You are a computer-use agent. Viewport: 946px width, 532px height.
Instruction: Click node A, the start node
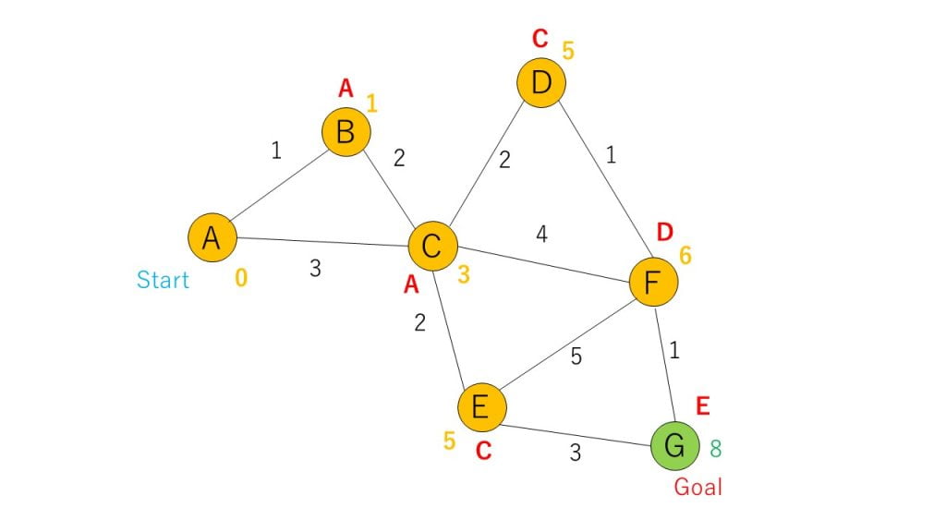pyautogui.click(x=212, y=237)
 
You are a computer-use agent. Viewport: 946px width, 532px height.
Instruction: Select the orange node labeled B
pyautogui.click(x=346, y=132)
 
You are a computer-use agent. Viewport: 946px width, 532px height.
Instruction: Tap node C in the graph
pyautogui.click(x=432, y=246)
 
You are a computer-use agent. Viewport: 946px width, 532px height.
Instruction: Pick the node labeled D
pyautogui.click(x=541, y=82)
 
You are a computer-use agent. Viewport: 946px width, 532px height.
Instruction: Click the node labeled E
pyautogui.click(x=481, y=407)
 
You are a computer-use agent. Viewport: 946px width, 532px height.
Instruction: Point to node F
pyautogui.click(x=653, y=282)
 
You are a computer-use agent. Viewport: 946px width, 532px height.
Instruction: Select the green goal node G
pyautogui.click(x=675, y=446)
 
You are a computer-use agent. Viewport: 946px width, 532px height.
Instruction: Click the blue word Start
pyautogui.click(x=163, y=280)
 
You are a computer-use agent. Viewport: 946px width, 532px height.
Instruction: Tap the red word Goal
pyautogui.click(x=697, y=487)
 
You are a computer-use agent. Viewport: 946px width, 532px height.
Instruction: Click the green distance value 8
pyautogui.click(x=716, y=449)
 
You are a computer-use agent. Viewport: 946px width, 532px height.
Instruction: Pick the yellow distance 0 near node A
pyautogui.click(x=241, y=277)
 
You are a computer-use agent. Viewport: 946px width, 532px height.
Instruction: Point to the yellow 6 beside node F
pyautogui.click(x=685, y=256)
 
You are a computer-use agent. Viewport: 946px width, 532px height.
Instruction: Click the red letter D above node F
pyautogui.click(x=664, y=232)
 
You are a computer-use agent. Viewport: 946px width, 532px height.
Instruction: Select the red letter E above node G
pyautogui.click(x=702, y=406)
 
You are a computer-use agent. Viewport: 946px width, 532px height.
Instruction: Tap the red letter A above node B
pyautogui.click(x=346, y=89)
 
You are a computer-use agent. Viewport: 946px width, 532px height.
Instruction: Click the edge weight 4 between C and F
pyautogui.click(x=541, y=234)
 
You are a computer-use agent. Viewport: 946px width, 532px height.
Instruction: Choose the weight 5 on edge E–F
pyautogui.click(x=576, y=357)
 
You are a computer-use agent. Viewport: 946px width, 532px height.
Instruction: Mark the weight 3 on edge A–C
pyautogui.click(x=315, y=269)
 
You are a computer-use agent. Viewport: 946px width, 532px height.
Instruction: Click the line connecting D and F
pyautogui.click(x=604, y=178)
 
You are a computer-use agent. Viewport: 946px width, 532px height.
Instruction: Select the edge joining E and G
pyautogui.click(x=576, y=436)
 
